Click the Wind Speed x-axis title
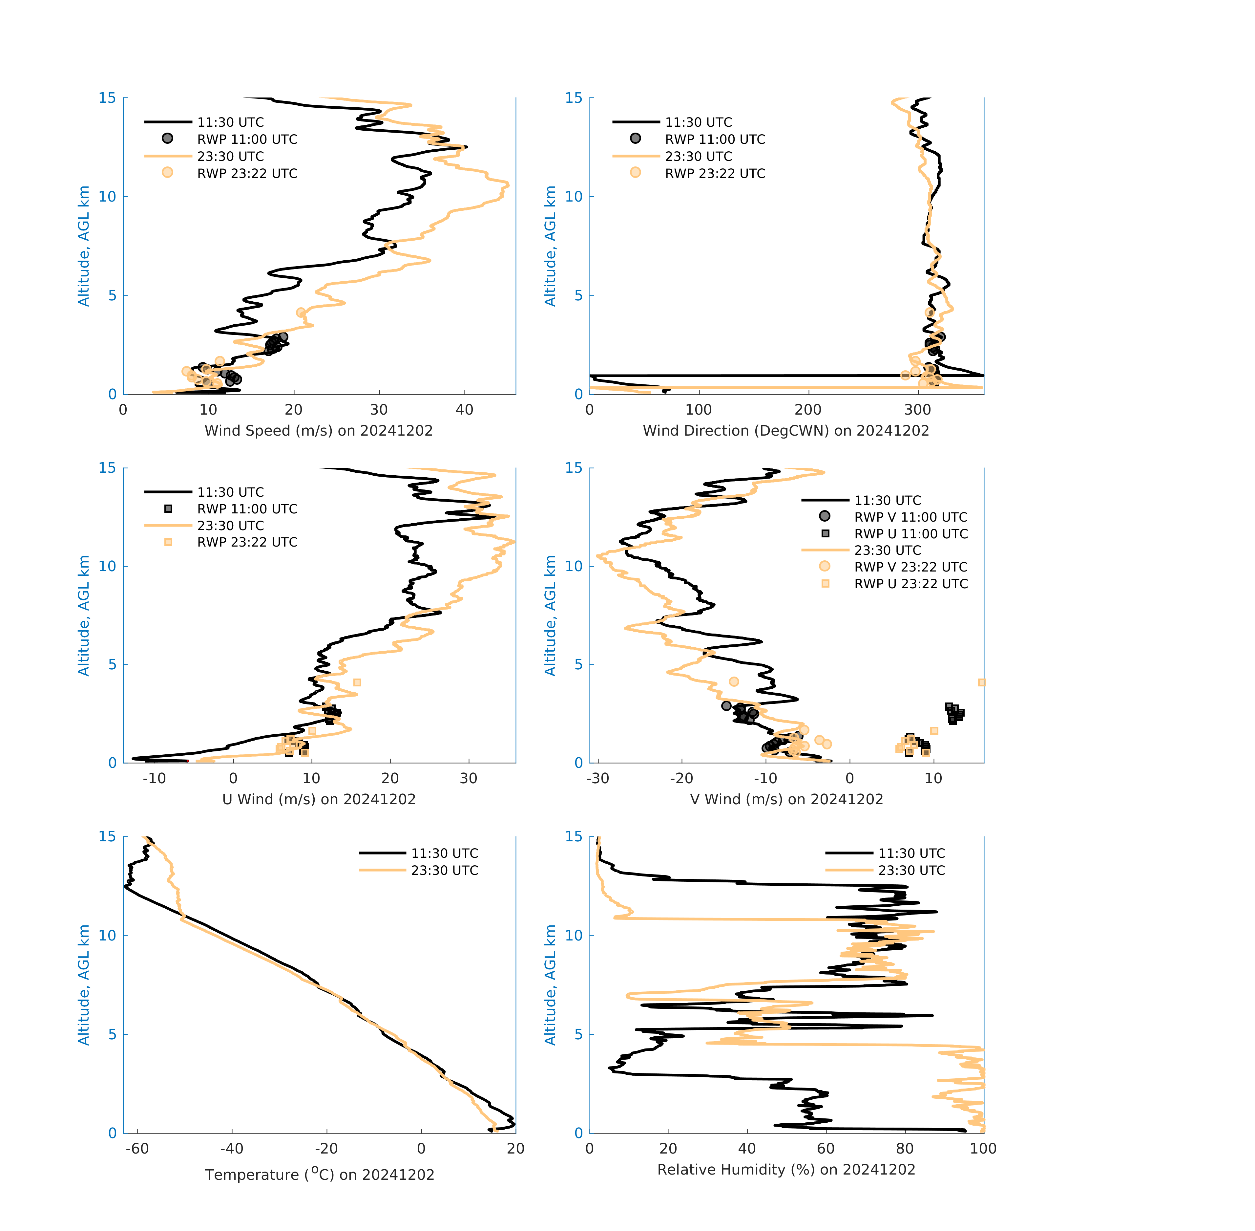pyautogui.click(x=319, y=431)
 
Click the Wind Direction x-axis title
pyautogui.click(x=786, y=431)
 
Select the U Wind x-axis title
pyautogui.click(x=319, y=799)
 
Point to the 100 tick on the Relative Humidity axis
pyautogui.click(x=983, y=1148)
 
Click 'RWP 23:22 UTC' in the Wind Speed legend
pyautogui.click(x=247, y=173)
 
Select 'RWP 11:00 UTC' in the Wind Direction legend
pyautogui.click(x=715, y=139)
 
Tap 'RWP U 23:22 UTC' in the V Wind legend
pyautogui.click(x=910, y=584)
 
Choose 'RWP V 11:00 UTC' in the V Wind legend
pyautogui.click(x=910, y=517)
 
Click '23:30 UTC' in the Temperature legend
pyautogui.click(x=445, y=870)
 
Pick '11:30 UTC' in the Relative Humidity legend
pyautogui.click(x=911, y=853)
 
